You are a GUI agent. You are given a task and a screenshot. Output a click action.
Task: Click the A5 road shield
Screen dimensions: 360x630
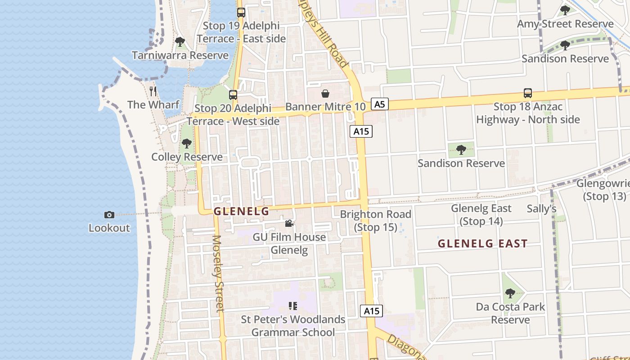pos(380,104)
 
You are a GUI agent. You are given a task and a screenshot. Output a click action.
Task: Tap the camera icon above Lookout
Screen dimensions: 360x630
pos(109,215)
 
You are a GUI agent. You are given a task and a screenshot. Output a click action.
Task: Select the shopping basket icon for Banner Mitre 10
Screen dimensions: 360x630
pos(325,94)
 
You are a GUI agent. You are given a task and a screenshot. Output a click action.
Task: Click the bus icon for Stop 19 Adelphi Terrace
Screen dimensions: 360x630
pos(241,13)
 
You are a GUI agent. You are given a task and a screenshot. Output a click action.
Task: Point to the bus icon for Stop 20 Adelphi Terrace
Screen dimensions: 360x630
pos(233,95)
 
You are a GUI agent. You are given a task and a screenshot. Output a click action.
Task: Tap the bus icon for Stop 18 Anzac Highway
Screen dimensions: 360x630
pos(528,93)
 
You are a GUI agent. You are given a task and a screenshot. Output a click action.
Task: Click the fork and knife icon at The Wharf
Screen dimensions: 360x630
pos(153,91)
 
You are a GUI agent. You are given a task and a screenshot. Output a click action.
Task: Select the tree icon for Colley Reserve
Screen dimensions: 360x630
pos(186,144)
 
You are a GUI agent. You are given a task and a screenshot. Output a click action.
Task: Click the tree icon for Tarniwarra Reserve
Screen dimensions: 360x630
pos(180,42)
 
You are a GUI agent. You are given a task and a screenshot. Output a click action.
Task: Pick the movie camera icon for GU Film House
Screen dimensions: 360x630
pos(289,223)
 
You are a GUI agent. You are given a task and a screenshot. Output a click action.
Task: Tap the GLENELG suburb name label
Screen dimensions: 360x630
pos(241,211)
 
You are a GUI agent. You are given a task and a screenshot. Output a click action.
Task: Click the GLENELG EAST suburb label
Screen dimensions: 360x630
pos(482,243)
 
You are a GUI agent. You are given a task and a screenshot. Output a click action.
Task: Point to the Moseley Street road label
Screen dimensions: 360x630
pos(218,273)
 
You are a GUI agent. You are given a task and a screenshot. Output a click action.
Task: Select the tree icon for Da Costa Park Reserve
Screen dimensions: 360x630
pos(510,293)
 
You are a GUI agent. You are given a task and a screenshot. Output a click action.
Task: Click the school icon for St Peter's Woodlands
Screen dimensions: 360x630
pos(293,306)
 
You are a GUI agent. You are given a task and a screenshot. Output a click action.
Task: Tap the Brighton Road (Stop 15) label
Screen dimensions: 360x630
pos(376,220)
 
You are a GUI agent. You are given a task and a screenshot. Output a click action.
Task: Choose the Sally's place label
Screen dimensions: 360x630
pos(541,209)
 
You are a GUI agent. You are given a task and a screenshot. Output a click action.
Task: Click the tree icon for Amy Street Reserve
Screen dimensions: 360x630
pos(565,10)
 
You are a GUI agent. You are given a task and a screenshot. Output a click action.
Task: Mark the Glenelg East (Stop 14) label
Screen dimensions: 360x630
pos(481,215)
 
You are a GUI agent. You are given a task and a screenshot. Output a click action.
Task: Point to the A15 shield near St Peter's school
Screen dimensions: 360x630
pos(371,311)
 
